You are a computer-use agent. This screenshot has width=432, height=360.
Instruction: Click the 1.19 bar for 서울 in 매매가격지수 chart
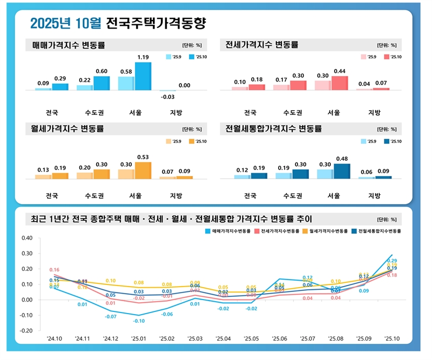coord(143,76)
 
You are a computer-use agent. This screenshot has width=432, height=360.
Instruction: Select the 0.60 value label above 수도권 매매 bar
coord(102,71)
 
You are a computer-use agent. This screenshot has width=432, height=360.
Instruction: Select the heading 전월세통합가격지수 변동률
coord(274,129)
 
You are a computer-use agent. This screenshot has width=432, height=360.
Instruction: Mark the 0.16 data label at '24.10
coord(55,270)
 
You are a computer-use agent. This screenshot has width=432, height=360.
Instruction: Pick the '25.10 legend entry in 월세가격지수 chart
coord(197,141)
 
